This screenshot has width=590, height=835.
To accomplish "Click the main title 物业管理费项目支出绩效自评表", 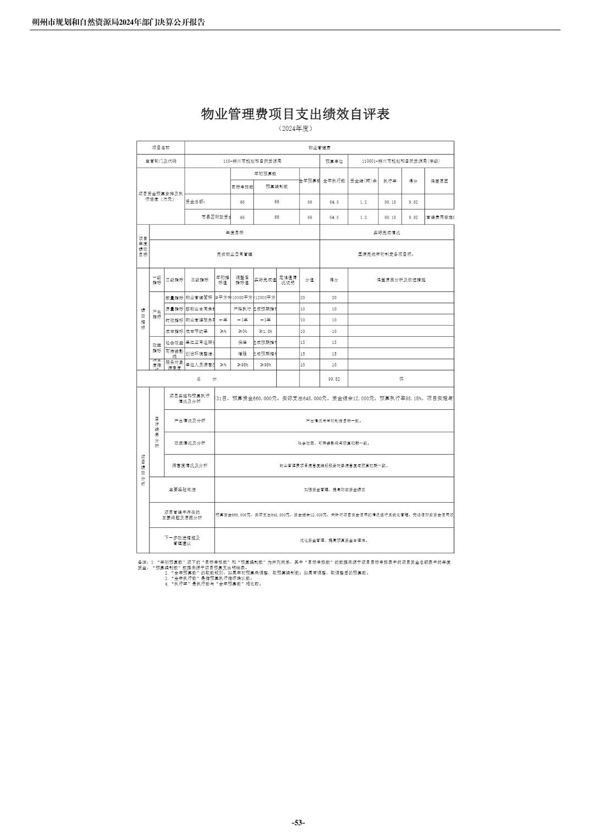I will [295, 114].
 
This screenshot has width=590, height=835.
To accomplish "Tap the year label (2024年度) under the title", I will [295, 129].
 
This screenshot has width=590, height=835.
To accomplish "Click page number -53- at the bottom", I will [298, 822].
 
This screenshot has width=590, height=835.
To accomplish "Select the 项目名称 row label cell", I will [160, 148].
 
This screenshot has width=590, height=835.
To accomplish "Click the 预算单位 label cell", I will [334, 162].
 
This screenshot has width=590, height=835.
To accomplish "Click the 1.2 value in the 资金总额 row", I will [363, 202].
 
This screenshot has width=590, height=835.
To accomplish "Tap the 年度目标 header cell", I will [235, 232].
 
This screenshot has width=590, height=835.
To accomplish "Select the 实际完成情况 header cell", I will [387, 232].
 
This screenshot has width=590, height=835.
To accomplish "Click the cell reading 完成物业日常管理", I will [235, 254].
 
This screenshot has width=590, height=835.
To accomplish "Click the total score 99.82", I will [333, 379].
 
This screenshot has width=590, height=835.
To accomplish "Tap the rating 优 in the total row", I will [401, 379].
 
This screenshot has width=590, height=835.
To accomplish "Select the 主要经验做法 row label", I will [182, 489].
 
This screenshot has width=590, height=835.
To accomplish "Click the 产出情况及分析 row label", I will [190, 420].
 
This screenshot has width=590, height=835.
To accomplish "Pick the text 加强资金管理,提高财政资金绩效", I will [334, 489].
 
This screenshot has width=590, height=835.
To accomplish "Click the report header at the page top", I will [118, 23].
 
